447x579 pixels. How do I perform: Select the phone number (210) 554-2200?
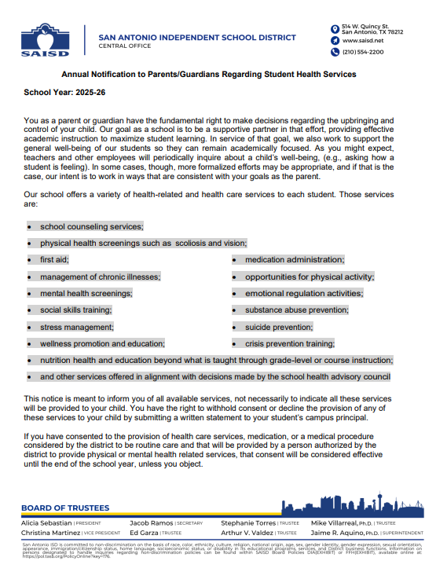point(363,52)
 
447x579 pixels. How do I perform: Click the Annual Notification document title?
point(209,74)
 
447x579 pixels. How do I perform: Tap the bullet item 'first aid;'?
point(54,259)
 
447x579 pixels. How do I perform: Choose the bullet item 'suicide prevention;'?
point(278,327)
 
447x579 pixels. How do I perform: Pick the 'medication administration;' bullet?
point(295,259)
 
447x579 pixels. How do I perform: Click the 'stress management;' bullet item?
point(76,327)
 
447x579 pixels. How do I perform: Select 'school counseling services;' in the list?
point(91,225)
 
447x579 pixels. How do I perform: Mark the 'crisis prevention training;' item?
point(289,343)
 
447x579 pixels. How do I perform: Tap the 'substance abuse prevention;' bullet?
point(295,310)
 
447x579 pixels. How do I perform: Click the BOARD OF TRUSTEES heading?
point(65,508)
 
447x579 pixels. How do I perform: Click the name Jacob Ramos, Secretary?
point(152,522)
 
